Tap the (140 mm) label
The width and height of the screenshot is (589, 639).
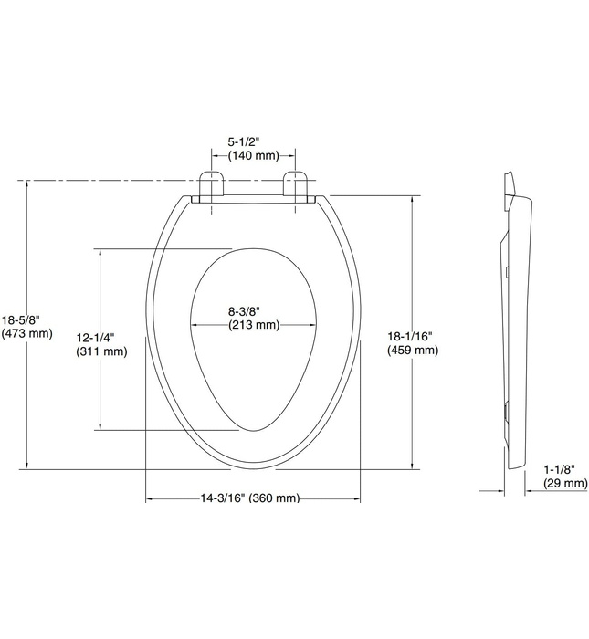point(253,156)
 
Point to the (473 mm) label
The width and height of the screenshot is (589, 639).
point(26,333)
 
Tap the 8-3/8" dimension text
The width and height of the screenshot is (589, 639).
point(253,310)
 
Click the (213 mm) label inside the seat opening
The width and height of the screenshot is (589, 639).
point(253,325)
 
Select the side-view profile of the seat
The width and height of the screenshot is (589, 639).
point(516,319)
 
